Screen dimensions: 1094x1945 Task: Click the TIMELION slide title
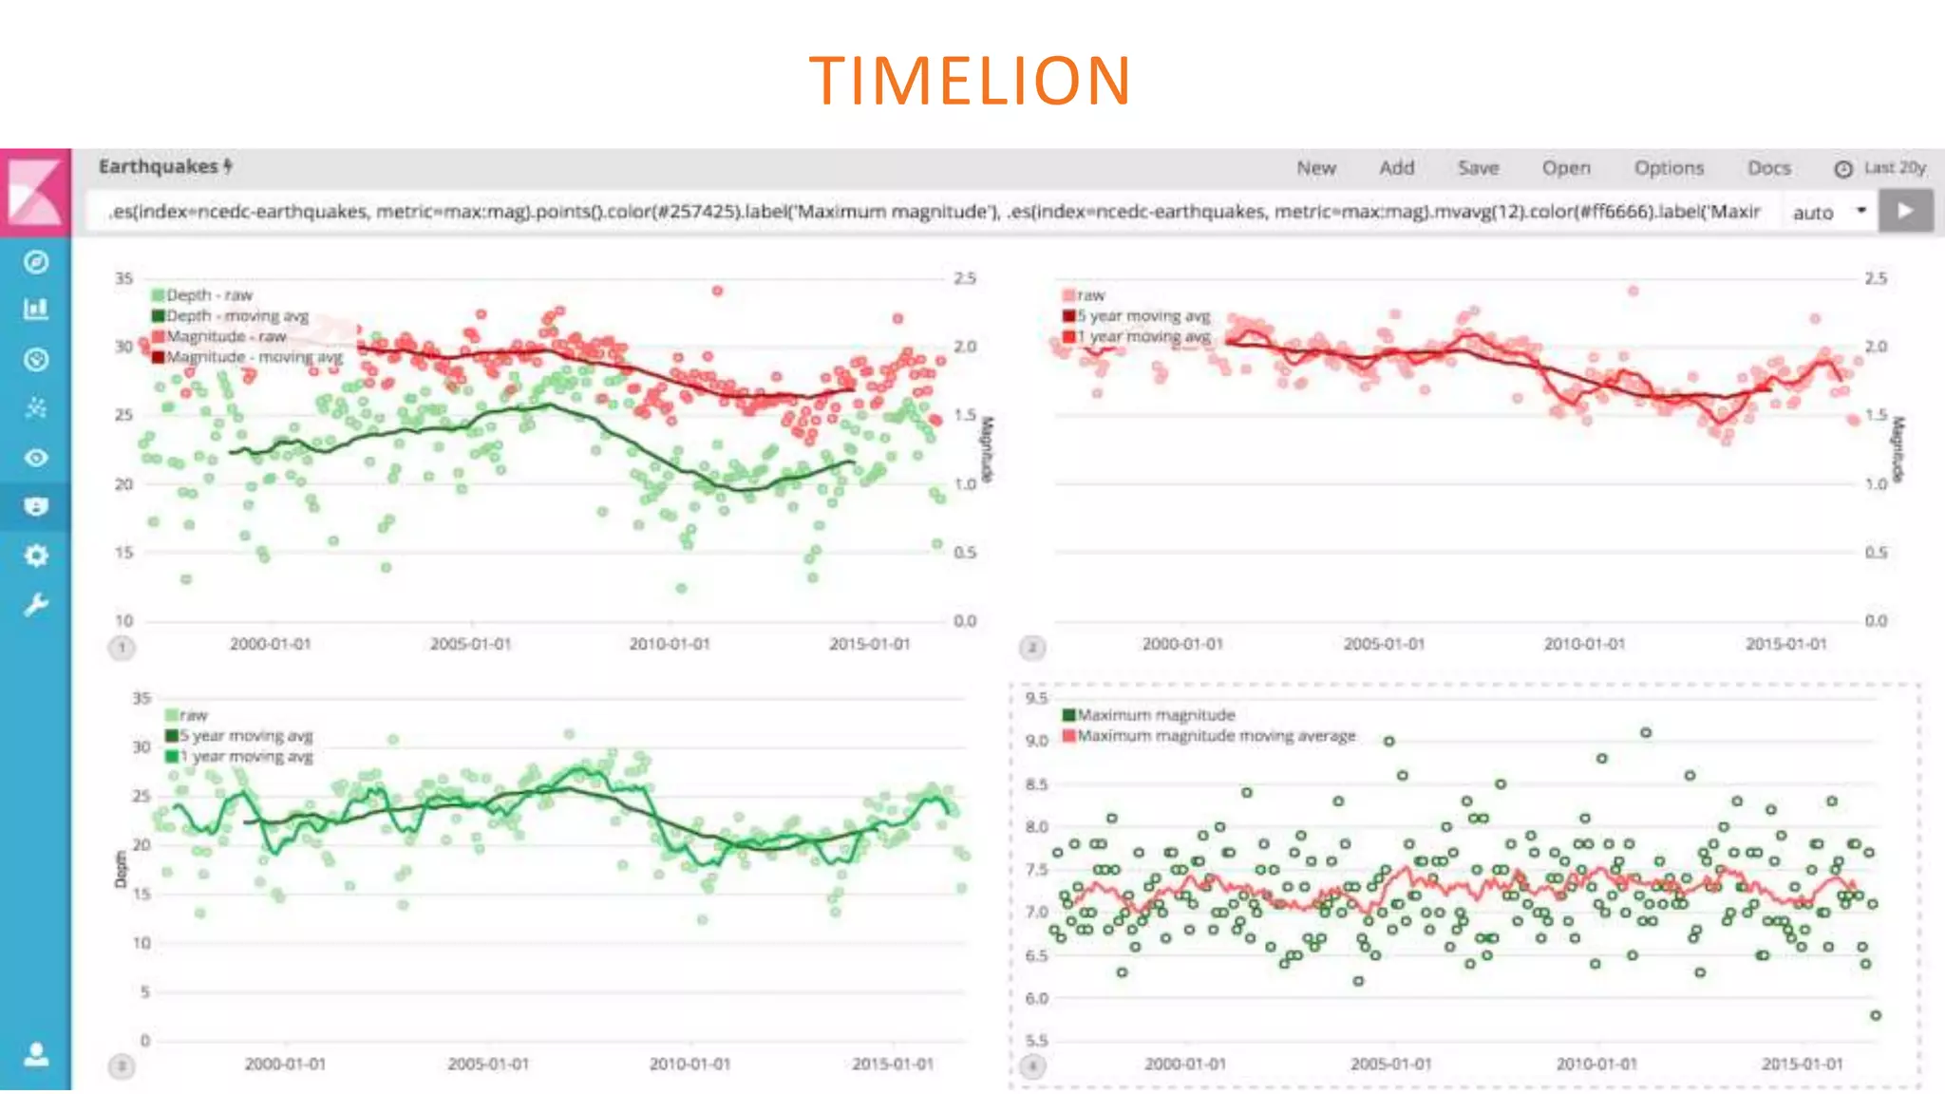[x=970, y=80]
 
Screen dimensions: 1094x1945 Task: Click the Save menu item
[x=1478, y=168]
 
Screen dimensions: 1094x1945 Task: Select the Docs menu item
[x=1768, y=168]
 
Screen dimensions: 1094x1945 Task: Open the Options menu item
[x=1669, y=168]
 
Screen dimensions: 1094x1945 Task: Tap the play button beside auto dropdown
[x=1905, y=211]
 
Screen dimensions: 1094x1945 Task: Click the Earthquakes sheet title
[x=159, y=167]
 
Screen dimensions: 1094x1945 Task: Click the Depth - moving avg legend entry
[x=236, y=316]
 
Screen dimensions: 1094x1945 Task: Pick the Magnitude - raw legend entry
[x=226, y=337]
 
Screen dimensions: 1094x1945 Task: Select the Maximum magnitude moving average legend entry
[x=1216, y=736]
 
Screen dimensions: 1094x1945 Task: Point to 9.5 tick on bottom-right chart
[x=1036, y=698]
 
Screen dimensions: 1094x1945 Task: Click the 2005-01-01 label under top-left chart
[x=470, y=644]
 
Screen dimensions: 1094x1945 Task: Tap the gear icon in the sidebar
[x=36, y=556]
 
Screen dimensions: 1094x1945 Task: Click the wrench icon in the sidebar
[x=36, y=605]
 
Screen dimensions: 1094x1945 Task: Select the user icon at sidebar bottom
[x=36, y=1054]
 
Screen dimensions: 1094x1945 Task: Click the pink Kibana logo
[x=35, y=191]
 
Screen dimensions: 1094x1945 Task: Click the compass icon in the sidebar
[x=36, y=262]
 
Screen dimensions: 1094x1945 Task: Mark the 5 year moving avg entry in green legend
[x=246, y=736]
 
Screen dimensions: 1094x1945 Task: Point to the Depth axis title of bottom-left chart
[x=120, y=869]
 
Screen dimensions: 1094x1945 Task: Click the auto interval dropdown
[x=1829, y=213]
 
